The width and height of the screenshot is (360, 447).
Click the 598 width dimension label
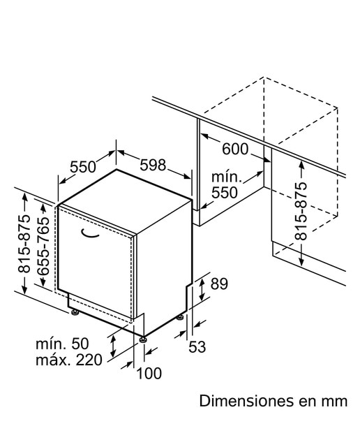[x=153, y=165]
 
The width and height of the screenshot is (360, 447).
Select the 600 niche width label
[x=235, y=149]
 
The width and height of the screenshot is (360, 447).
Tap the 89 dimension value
[x=219, y=284]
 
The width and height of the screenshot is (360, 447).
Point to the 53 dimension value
[x=197, y=347]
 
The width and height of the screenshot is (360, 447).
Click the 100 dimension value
[x=149, y=373]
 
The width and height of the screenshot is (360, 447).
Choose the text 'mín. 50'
[x=62, y=344]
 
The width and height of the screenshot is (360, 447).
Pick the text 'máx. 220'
[x=68, y=360]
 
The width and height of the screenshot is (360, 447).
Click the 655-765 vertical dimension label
[x=43, y=246]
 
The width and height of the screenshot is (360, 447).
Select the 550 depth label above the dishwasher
[x=83, y=167]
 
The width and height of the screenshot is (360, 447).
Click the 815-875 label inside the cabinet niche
[x=301, y=211]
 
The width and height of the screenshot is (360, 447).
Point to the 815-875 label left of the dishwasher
[x=24, y=244]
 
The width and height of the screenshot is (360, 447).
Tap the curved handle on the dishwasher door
[x=89, y=233]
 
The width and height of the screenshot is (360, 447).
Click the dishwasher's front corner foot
[x=143, y=339]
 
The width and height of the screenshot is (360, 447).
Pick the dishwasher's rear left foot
[x=75, y=312]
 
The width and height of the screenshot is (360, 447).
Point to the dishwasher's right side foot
[x=180, y=317]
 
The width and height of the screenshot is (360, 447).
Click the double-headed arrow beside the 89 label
[x=202, y=290]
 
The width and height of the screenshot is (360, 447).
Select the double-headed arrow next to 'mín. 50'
[x=113, y=346]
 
